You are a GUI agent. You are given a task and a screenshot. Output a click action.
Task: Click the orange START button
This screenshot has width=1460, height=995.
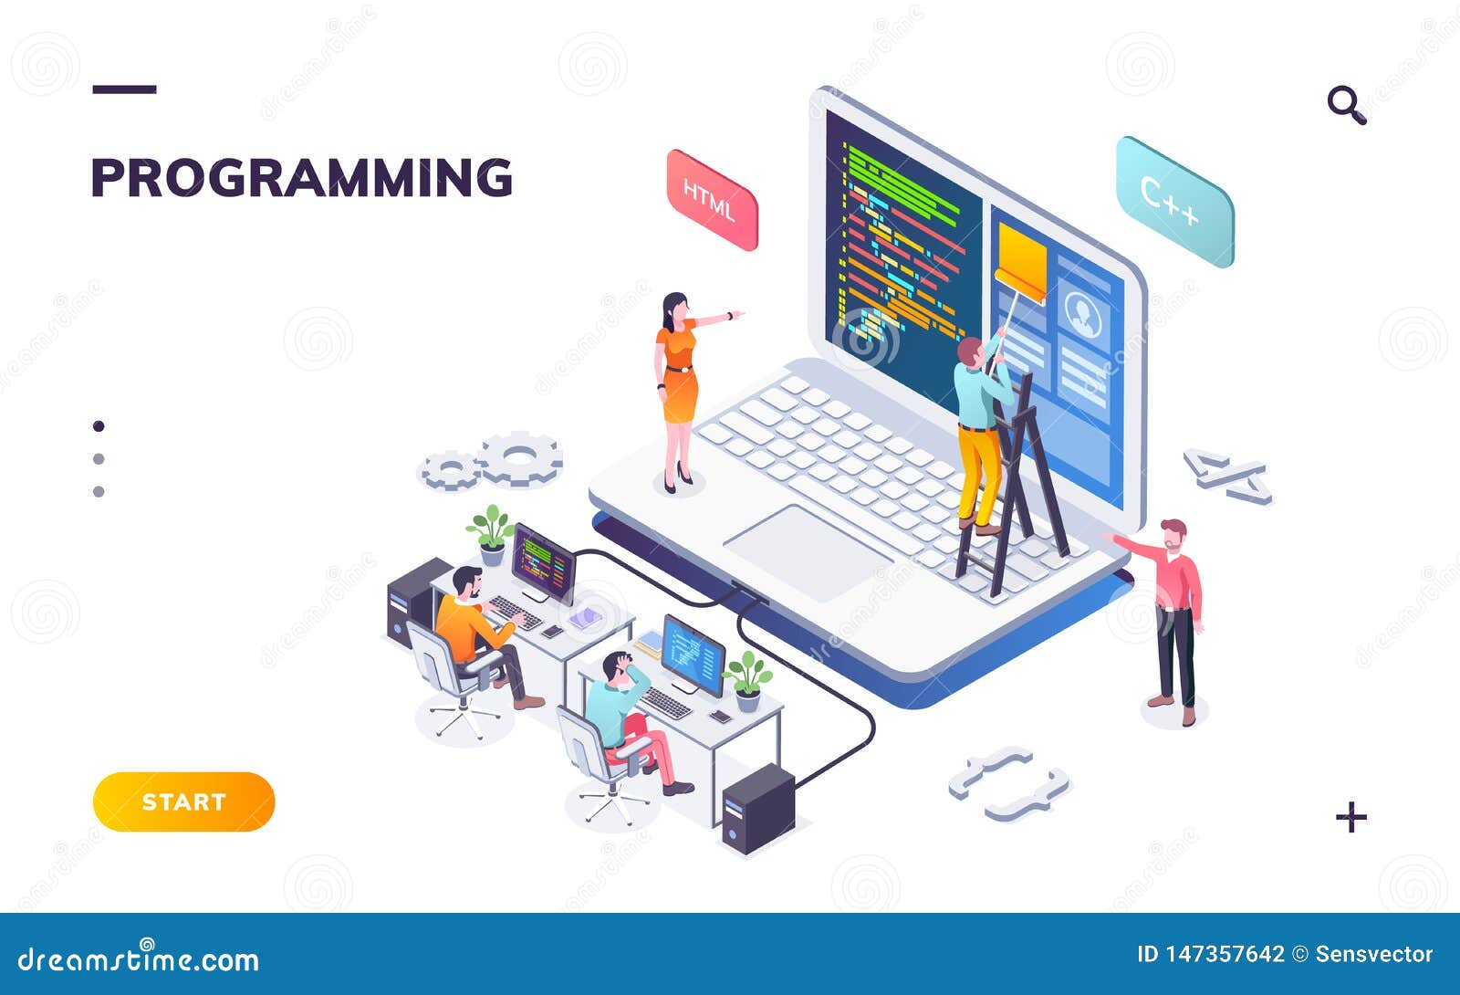(x=183, y=801)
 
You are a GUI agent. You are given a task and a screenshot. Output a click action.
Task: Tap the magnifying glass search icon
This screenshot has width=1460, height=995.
(x=1347, y=104)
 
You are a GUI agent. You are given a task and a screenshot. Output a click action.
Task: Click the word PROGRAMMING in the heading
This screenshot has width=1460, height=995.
(x=302, y=177)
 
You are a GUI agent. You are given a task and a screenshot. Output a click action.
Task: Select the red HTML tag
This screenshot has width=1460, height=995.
(x=712, y=200)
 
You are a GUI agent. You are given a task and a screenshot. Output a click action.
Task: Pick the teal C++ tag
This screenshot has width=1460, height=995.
(x=1174, y=202)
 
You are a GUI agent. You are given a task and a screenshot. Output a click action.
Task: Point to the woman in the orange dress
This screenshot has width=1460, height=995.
(x=681, y=392)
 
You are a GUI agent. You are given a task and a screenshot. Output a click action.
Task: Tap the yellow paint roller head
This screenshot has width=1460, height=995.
(x=1022, y=262)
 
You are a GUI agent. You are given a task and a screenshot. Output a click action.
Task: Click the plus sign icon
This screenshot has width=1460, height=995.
(x=1351, y=817)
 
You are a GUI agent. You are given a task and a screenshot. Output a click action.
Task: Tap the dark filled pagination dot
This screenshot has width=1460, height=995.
(x=99, y=425)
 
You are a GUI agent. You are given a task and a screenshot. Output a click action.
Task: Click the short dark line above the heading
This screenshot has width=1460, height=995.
(x=124, y=89)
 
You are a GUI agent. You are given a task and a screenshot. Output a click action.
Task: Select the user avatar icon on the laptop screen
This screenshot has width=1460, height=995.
(x=1082, y=313)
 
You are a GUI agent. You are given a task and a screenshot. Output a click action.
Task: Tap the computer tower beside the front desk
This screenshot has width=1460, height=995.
(x=757, y=809)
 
